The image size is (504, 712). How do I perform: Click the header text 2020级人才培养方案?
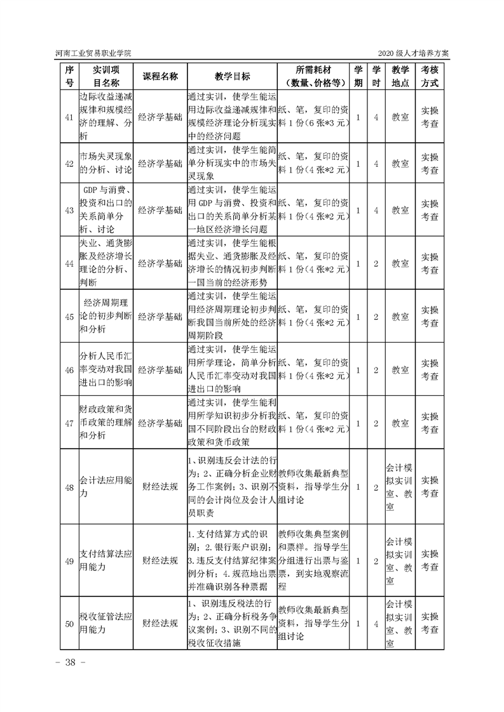click(x=416, y=53)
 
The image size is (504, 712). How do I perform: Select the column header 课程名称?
click(x=160, y=76)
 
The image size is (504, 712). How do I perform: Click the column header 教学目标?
click(x=232, y=76)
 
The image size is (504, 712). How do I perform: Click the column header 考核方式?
click(x=430, y=76)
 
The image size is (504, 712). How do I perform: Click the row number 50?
click(x=70, y=624)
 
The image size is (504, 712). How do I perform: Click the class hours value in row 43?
click(x=376, y=209)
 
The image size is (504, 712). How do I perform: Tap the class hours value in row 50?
click(x=376, y=624)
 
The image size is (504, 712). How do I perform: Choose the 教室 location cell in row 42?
click(x=400, y=163)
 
